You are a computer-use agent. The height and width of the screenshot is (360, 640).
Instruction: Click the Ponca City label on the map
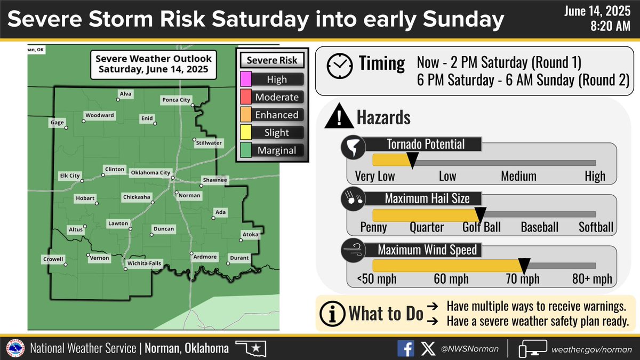pos(175,100)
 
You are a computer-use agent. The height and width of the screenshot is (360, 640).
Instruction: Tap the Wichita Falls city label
pos(143,263)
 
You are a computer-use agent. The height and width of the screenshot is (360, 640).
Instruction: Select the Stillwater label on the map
pos(209,143)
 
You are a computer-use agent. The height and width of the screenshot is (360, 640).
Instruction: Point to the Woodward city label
pos(99,116)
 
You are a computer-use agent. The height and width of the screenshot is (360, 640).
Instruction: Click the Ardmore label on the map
pos(205,257)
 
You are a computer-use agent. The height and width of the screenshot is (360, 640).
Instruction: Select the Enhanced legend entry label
pos(277,115)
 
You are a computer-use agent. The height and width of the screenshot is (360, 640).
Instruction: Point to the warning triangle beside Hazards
pos(335,117)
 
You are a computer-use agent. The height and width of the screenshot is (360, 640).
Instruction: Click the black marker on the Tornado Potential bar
pos(412,158)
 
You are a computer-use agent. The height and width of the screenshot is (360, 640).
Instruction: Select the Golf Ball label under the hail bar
pos(482,227)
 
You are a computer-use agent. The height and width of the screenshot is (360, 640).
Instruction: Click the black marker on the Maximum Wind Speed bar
pos(524,263)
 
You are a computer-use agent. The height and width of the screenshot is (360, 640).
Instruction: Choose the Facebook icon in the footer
pos(405,348)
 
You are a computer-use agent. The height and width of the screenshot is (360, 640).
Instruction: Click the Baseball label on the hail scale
pos(540,227)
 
